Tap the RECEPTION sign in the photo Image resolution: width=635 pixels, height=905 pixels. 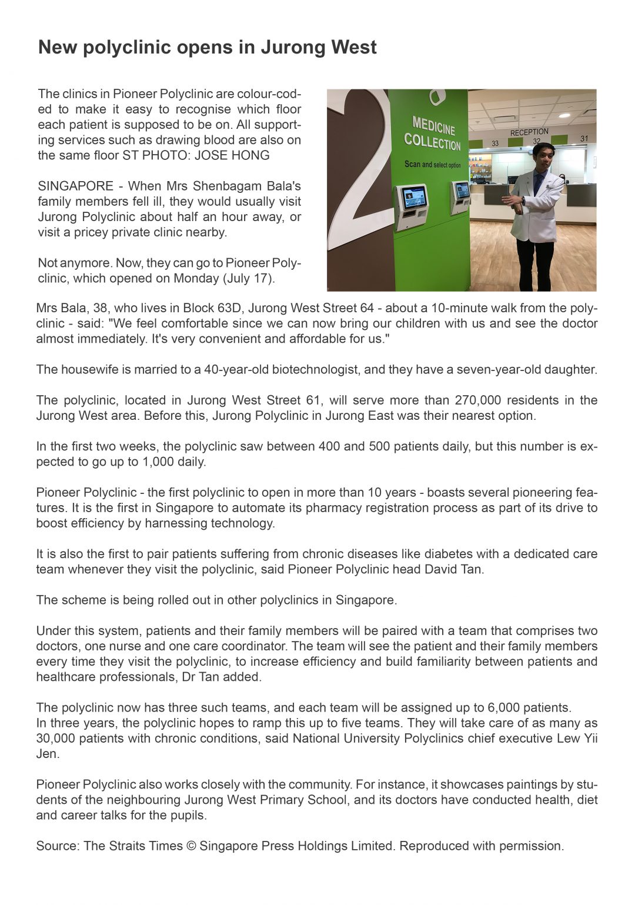pos(529,132)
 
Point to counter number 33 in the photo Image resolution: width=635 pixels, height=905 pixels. pos(495,143)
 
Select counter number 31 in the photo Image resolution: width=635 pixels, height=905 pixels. pos(584,139)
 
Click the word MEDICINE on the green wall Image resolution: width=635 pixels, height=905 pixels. pos(433,125)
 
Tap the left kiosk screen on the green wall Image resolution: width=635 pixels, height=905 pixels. pos(414,198)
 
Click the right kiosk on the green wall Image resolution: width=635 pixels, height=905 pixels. pos(462,195)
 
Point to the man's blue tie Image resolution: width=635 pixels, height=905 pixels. pos(538,183)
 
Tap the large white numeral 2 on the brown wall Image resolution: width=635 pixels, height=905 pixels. pos(360,176)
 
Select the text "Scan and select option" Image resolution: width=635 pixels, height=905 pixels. pos(433,165)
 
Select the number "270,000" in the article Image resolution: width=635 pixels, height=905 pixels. pos(478,400)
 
